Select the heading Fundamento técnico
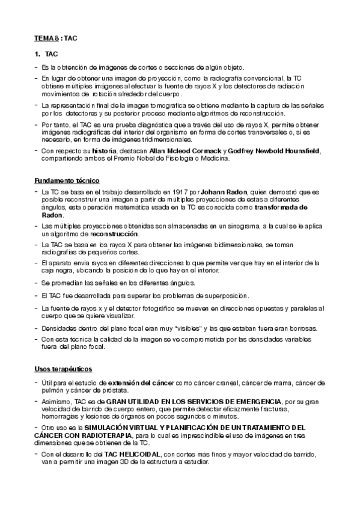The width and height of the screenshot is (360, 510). pos(67,180)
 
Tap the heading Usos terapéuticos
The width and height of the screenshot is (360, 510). pos(63,367)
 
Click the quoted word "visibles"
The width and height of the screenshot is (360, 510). pos(192,328)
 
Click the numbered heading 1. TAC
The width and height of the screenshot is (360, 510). pos(46,54)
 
